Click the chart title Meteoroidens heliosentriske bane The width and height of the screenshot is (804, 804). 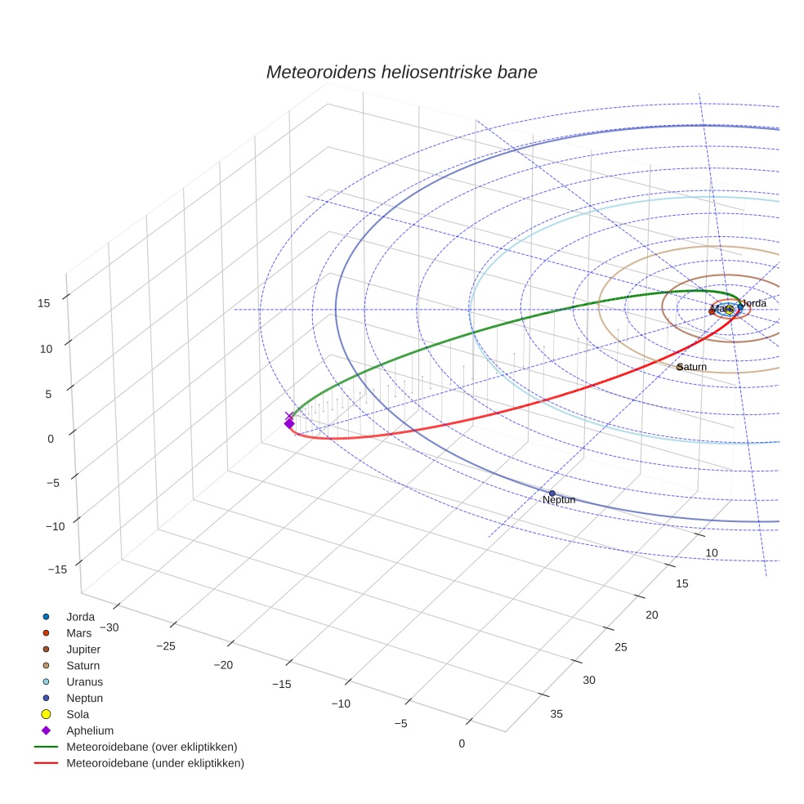point(401,72)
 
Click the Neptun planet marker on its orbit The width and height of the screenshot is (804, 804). point(552,493)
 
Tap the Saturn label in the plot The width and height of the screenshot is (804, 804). point(692,367)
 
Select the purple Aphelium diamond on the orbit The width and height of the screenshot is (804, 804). point(288,423)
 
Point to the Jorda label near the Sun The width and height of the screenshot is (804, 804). point(753,303)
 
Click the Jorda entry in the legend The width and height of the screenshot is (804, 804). point(80,617)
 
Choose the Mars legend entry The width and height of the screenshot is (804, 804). point(79,633)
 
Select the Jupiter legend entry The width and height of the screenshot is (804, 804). point(83,650)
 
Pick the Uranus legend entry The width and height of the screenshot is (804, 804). point(84,681)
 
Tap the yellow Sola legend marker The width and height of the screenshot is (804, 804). point(47,714)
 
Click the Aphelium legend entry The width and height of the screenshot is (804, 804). point(89,730)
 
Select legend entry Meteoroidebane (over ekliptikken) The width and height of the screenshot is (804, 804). point(151,747)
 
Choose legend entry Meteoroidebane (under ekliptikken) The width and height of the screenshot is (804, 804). point(154,763)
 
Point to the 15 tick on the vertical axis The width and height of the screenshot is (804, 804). point(44,302)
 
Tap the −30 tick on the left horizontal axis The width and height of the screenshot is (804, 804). point(108,628)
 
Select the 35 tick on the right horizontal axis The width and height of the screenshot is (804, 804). point(556,714)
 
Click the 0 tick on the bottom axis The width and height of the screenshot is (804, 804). point(462,743)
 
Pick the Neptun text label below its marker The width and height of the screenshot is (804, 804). point(559,500)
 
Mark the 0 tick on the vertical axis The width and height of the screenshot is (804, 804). point(51,438)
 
